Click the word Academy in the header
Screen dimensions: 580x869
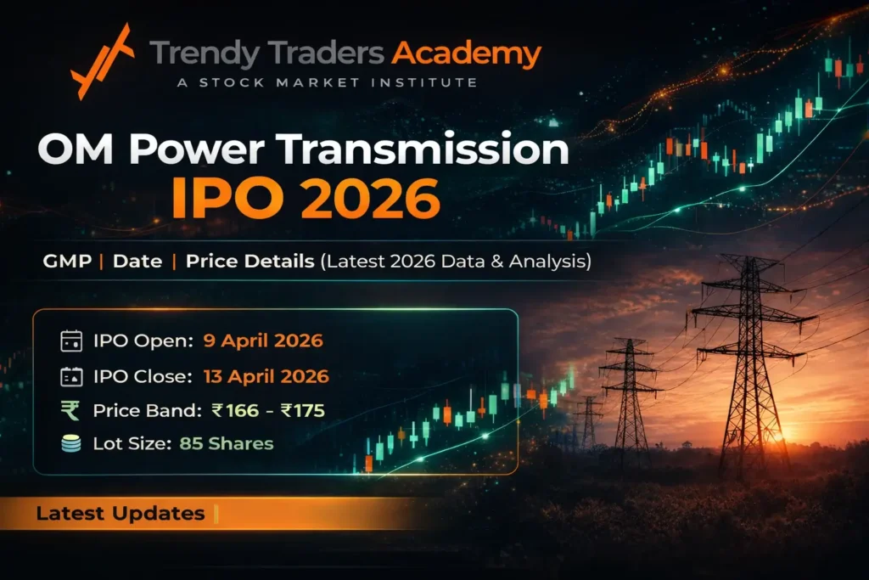[466, 54]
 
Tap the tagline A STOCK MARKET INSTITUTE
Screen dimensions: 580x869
[313, 83]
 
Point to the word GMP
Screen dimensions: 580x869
[67, 262]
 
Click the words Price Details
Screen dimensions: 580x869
[249, 262]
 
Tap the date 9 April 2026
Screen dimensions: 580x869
[263, 341]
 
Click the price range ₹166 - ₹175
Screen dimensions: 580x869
[268, 411]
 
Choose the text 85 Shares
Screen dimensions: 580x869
[227, 443]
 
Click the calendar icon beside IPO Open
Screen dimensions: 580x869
[70, 341]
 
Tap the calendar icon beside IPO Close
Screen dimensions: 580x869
[70, 376]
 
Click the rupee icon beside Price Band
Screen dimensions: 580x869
[70, 411]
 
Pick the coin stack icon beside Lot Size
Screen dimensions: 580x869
[70, 443]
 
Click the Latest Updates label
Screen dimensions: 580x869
[120, 514]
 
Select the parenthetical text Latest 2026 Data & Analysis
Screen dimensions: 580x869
[455, 262]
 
